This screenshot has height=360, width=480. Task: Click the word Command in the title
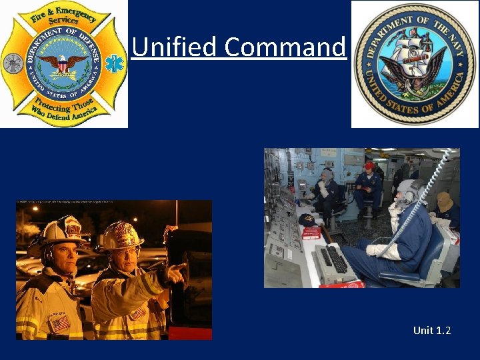pyautogui.click(x=285, y=47)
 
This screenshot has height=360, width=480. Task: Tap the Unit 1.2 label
pyautogui.click(x=431, y=330)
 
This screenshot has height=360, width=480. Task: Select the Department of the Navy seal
pyautogui.click(x=415, y=64)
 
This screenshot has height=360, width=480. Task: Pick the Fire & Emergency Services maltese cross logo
pyautogui.click(x=63, y=64)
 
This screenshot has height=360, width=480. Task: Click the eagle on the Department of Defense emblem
pyautogui.click(x=63, y=63)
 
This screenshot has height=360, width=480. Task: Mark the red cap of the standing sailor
pyautogui.click(x=369, y=165)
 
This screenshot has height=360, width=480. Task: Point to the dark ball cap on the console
pyautogui.click(x=307, y=220)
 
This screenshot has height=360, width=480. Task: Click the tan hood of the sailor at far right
pyautogui.click(x=443, y=200)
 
